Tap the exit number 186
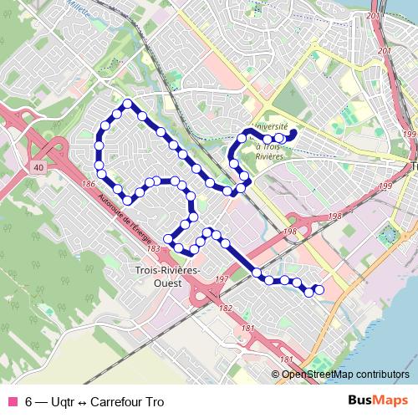tap(89, 183)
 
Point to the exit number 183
tap(152, 248)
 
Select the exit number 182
tap(225, 308)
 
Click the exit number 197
tap(222, 278)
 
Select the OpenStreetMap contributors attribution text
tap(345, 374)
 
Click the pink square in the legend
tap(11, 401)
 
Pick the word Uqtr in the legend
tap(63, 401)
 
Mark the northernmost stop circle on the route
tap(127, 104)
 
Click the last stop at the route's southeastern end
tap(318, 290)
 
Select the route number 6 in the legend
tap(29, 401)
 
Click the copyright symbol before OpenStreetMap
tap(276, 374)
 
